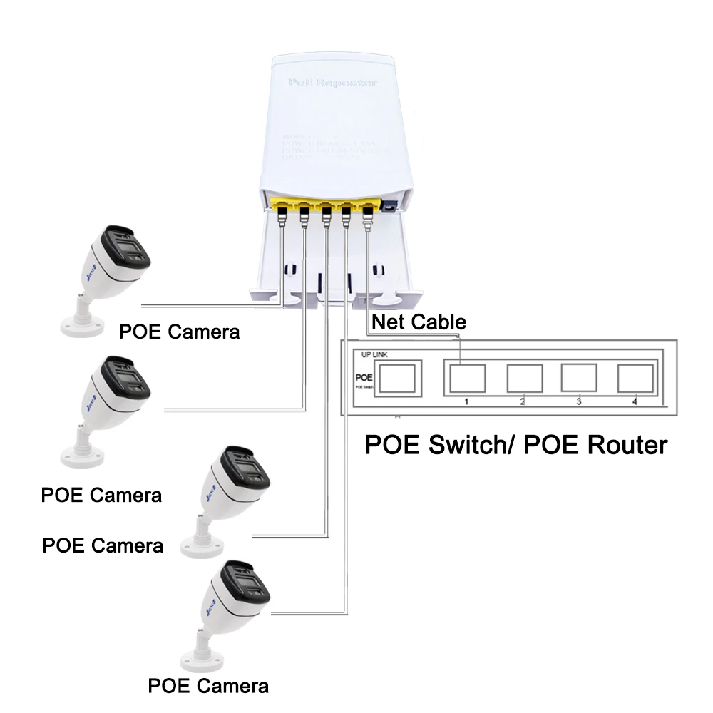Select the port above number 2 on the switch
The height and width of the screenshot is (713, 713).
tap(525, 378)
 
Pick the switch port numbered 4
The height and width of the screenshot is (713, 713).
tap(635, 378)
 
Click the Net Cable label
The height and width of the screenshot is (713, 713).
tap(419, 322)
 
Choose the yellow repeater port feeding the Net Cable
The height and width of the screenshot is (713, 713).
tap(368, 209)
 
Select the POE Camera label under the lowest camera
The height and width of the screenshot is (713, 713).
tap(208, 686)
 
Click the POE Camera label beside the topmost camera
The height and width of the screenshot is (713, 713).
tap(179, 332)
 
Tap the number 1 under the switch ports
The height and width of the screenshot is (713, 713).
tap(466, 402)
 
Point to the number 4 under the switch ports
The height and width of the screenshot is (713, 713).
tap(633, 402)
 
